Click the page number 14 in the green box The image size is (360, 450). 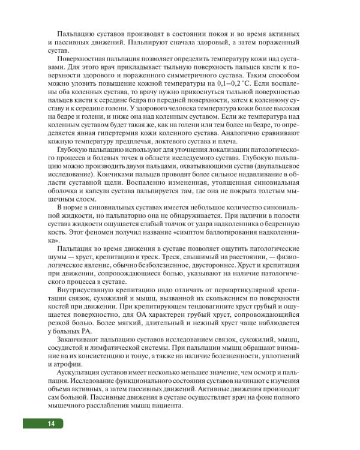[51, 424]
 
